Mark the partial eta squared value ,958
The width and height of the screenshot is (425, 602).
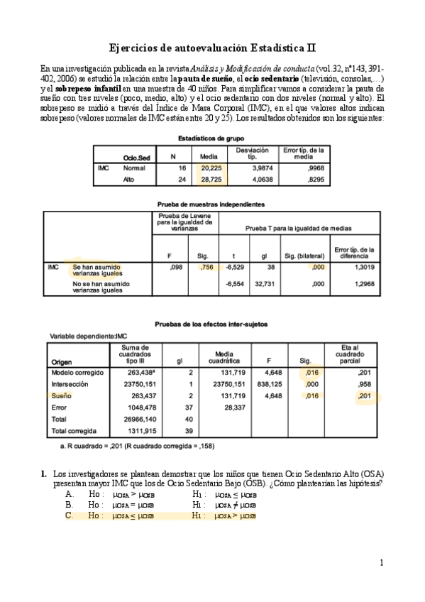[365, 384]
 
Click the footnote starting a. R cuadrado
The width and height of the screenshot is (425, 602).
[138, 447]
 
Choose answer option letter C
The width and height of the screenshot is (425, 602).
[69, 516]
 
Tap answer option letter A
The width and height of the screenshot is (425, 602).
[69, 493]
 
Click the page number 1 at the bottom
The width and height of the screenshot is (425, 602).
[381, 563]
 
